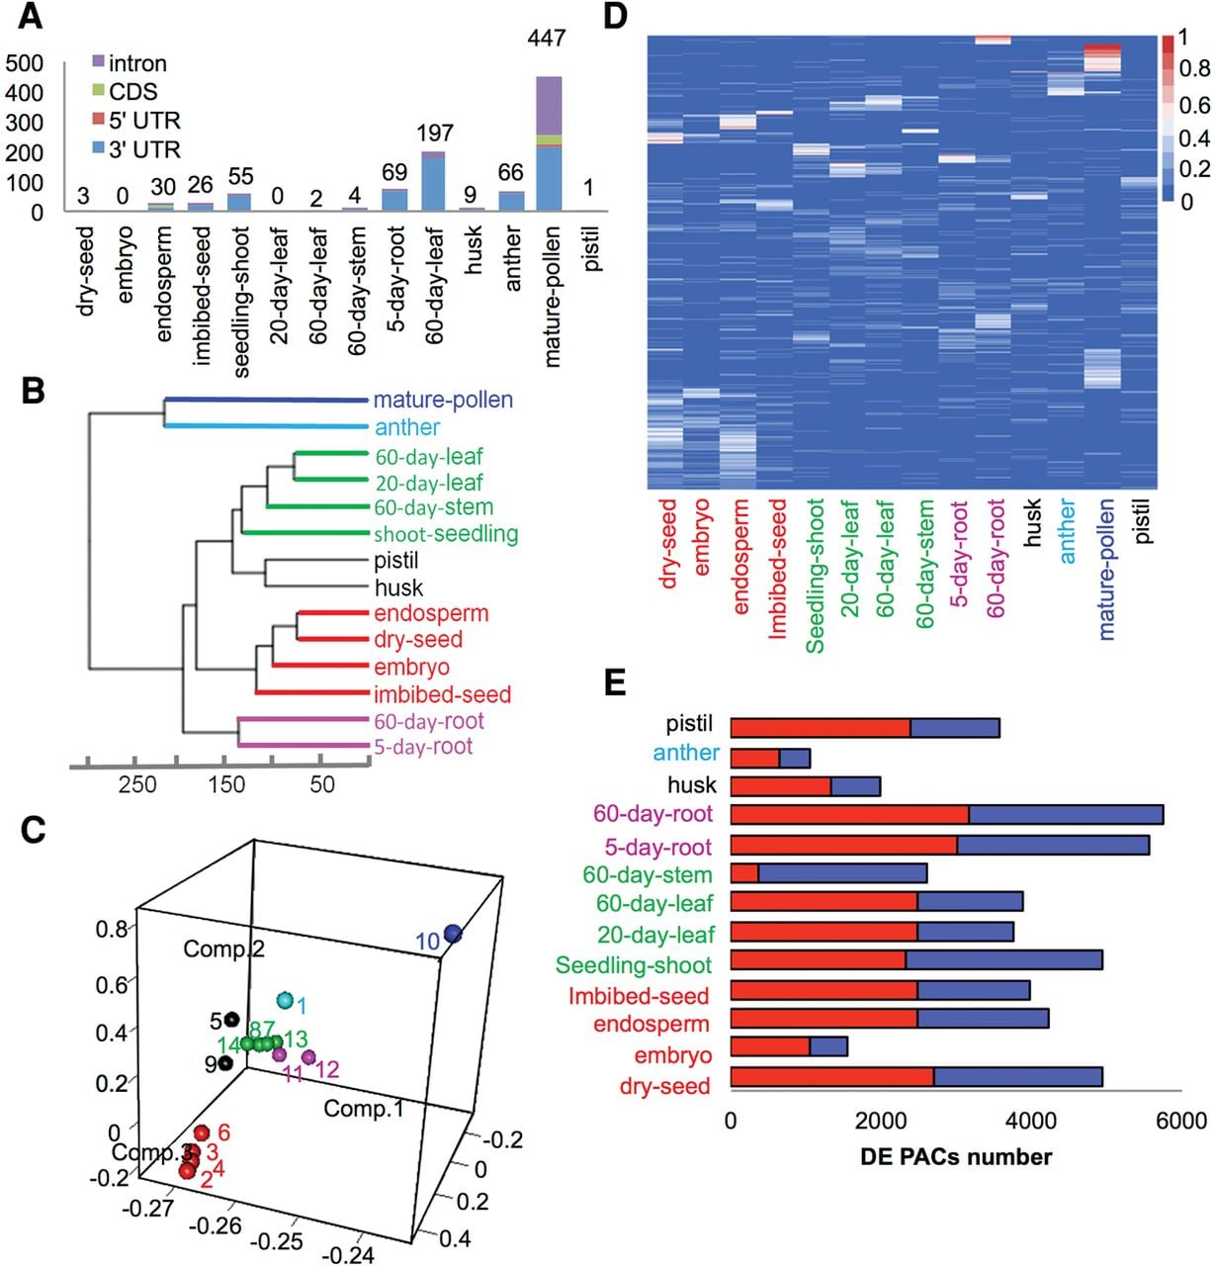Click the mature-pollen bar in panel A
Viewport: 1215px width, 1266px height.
click(x=549, y=143)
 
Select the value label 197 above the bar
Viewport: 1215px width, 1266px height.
click(x=434, y=134)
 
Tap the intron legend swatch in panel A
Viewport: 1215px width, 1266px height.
click(x=98, y=62)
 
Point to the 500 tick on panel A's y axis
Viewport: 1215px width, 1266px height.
click(x=24, y=63)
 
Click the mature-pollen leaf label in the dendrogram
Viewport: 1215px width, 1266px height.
click(x=443, y=399)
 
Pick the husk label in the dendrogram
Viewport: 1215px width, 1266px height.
click(x=398, y=588)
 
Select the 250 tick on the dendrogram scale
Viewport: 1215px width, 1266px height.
click(x=137, y=784)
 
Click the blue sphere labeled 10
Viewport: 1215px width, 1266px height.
click(x=453, y=935)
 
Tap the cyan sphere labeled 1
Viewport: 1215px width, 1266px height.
click(x=285, y=1000)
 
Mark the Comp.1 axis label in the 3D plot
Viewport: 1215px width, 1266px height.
click(x=364, y=1108)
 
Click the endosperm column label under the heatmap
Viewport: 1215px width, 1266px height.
click(x=740, y=557)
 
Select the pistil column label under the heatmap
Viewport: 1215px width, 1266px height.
click(x=1142, y=521)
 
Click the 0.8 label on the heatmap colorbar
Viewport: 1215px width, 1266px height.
click(x=1194, y=67)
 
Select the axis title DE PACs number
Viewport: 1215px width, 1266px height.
click(x=956, y=1156)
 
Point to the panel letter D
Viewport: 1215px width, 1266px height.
click(x=615, y=17)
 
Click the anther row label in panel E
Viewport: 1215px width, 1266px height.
click(x=686, y=753)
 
